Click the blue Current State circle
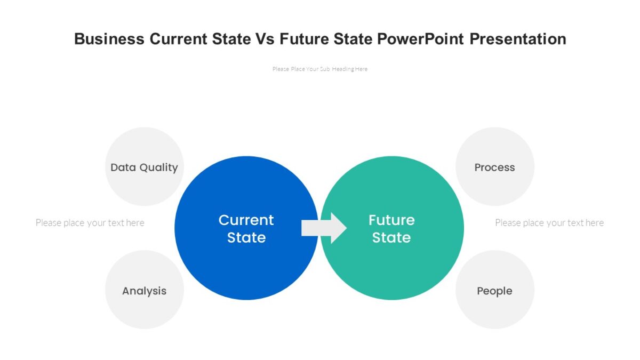(235, 267)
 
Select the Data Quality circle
(144, 187)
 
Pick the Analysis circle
(144, 309)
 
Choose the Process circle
(494, 187)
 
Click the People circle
(494, 309)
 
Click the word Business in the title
(109, 39)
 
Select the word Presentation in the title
(518, 39)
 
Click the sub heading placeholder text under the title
(319, 69)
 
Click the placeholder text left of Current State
(90, 222)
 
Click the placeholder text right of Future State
(549, 222)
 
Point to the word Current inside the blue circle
(246, 220)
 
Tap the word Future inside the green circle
(391, 220)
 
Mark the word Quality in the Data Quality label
(158, 167)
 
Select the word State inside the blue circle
(246, 237)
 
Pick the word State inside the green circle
(391, 237)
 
